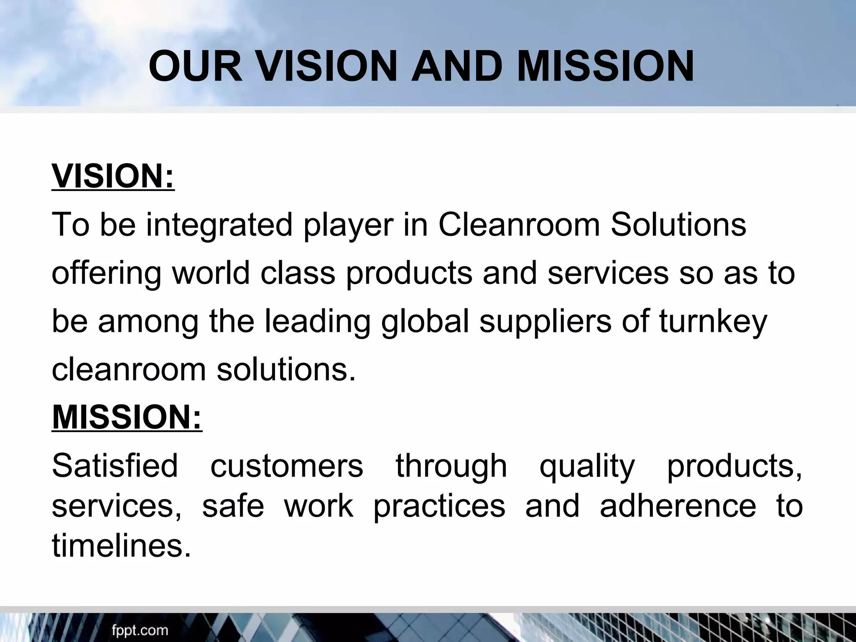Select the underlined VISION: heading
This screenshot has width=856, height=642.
pyautogui.click(x=113, y=177)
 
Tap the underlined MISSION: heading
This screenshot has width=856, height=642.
pyautogui.click(x=127, y=418)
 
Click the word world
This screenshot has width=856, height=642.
pyautogui.click(x=211, y=273)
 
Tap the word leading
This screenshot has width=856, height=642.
pyautogui.click(x=317, y=322)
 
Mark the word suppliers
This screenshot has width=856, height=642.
pyautogui.click(x=545, y=322)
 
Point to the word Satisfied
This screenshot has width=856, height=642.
pyautogui.click(x=115, y=466)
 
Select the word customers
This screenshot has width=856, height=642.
pyautogui.click(x=287, y=466)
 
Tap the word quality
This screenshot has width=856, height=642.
pyautogui.click(x=587, y=466)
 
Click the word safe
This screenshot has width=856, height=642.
pyautogui.click(x=233, y=506)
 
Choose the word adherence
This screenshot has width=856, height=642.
pyautogui.click(x=678, y=506)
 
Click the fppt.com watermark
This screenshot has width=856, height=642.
pyautogui.click(x=140, y=630)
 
